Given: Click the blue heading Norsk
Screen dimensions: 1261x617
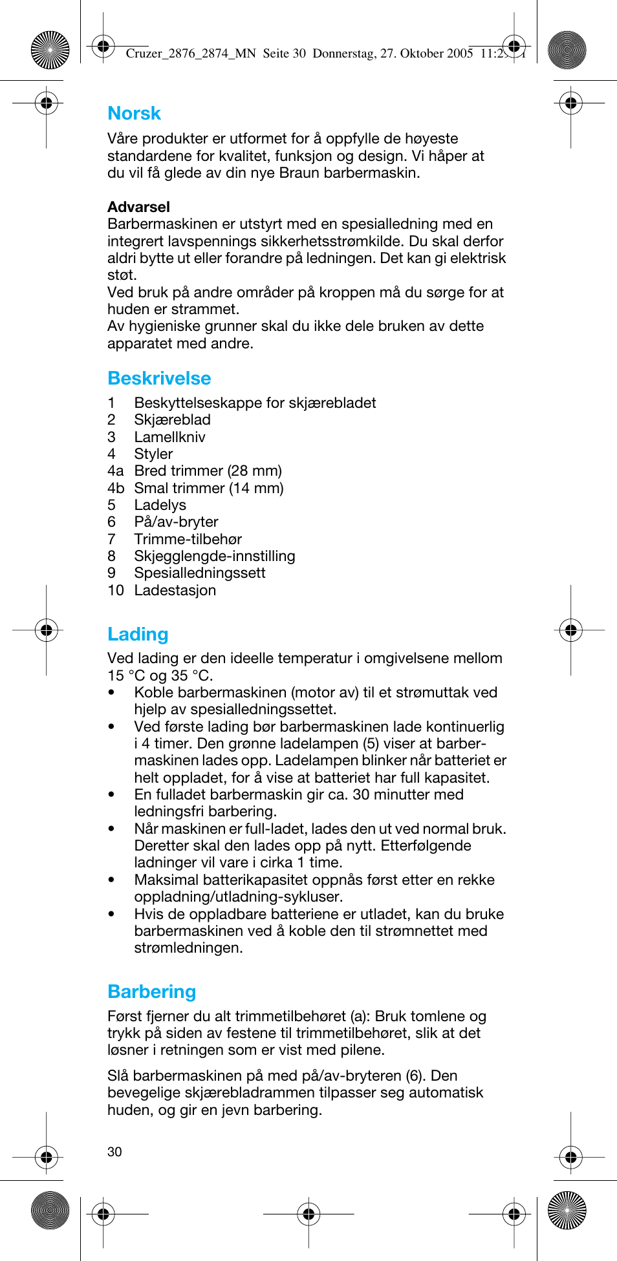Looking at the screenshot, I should (134, 114).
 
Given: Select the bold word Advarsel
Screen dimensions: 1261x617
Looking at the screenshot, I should (138, 207).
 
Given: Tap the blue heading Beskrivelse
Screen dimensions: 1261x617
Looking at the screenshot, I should (159, 379).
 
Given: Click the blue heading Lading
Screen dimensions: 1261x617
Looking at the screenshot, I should (138, 635).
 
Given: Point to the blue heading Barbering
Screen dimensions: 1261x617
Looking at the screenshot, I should (151, 992).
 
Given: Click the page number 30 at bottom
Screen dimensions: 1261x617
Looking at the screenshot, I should (114, 1152).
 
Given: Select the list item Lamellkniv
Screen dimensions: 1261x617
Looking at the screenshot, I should (169, 437).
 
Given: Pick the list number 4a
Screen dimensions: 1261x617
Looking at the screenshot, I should (115, 471).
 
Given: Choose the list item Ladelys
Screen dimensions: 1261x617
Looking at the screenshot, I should (160, 505).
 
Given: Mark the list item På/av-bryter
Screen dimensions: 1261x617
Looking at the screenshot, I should (176, 522).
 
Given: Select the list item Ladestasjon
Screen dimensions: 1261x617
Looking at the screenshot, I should (175, 591).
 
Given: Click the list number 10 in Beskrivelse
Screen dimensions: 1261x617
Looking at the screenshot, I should (116, 591).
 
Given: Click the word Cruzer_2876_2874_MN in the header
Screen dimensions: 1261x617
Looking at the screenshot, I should (191, 54).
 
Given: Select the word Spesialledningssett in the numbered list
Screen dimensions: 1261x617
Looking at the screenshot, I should (199, 573).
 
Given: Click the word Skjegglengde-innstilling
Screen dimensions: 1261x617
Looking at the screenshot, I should (214, 556).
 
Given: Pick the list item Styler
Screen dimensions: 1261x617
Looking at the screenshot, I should (153, 454).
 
